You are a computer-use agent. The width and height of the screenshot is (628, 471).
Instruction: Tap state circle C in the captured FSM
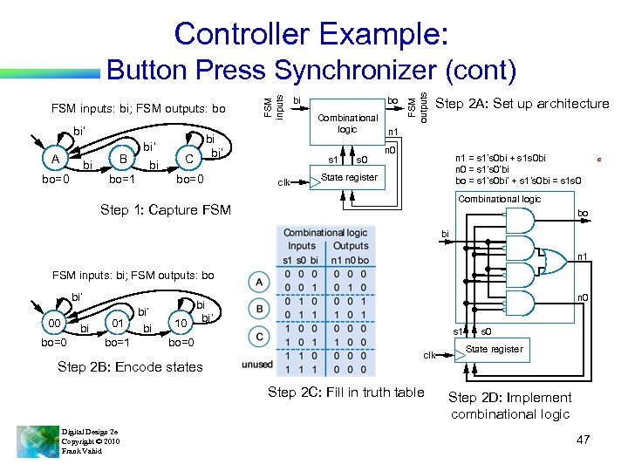(188, 159)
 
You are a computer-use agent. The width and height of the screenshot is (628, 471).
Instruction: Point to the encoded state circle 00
(54, 325)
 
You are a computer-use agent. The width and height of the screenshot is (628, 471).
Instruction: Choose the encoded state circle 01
(117, 325)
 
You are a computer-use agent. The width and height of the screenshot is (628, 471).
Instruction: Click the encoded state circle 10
(181, 325)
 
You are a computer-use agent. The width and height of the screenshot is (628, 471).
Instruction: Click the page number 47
(582, 440)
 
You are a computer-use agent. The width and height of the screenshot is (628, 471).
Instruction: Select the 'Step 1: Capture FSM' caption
(165, 210)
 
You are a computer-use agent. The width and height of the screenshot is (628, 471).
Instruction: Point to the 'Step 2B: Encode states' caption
(129, 367)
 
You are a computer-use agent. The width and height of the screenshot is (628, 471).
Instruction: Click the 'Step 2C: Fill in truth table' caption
(346, 392)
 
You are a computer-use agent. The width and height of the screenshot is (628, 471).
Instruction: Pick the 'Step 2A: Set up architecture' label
(522, 104)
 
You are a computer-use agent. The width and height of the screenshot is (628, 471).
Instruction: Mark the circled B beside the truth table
(259, 309)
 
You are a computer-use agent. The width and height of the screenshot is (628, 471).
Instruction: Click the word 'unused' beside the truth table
(257, 364)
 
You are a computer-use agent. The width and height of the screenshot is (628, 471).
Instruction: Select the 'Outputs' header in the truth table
(352, 246)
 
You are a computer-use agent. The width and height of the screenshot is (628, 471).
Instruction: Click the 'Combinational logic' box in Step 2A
(348, 122)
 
